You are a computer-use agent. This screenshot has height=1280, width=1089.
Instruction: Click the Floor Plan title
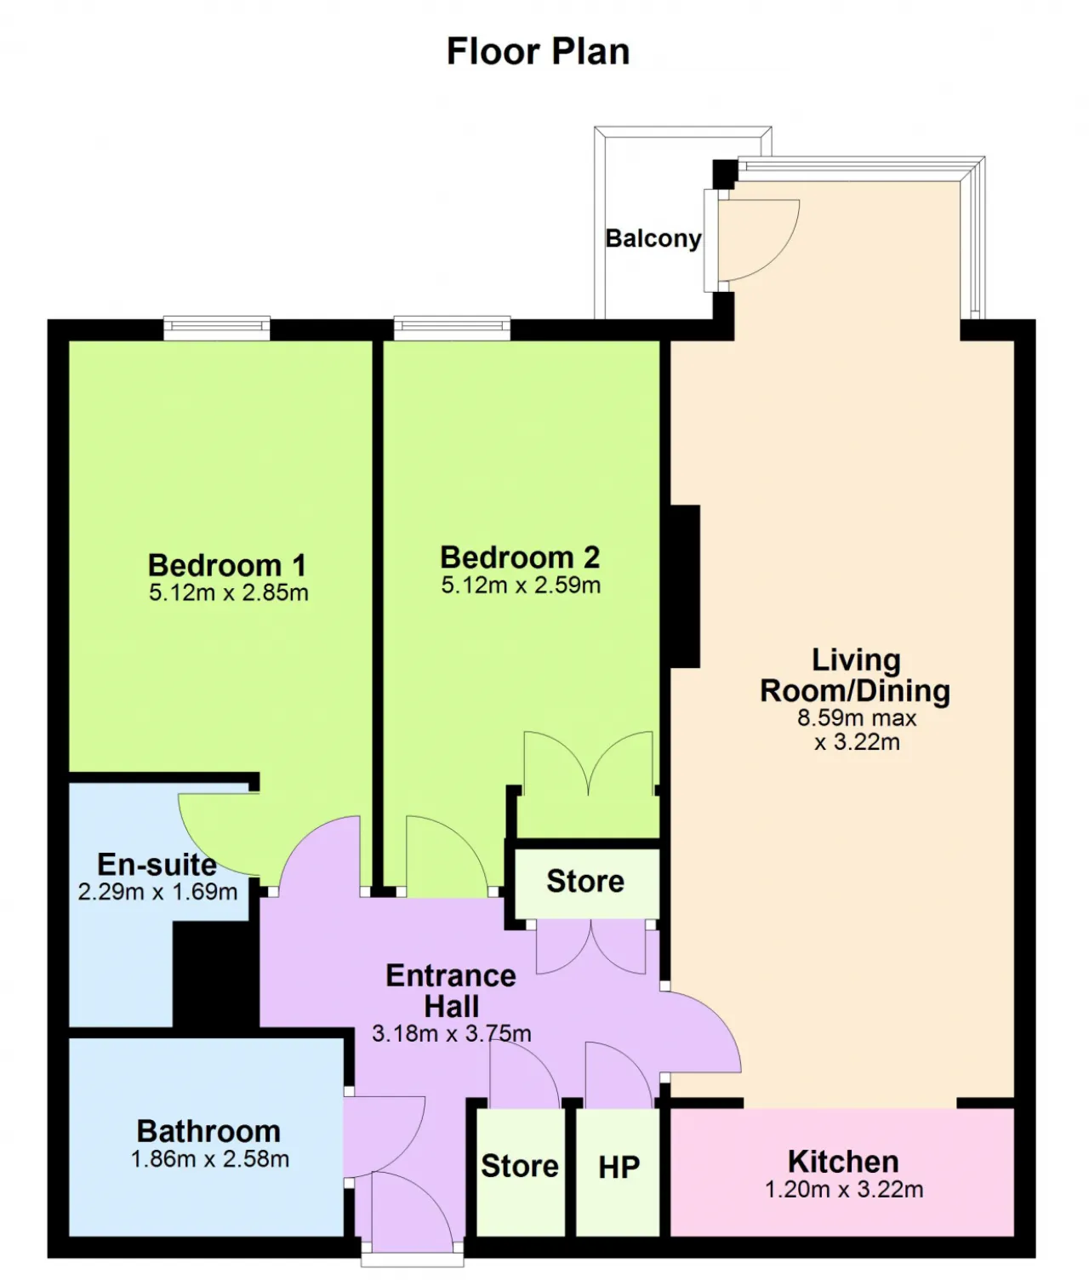pyautogui.click(x=538, y=51)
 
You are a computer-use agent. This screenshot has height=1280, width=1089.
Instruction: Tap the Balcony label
pyautogui.click(x=653, y=238)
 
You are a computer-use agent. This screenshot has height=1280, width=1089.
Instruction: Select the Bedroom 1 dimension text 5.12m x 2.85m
pyautogui.click(x=229, y=592)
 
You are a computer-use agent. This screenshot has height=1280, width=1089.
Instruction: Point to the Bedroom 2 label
pyautogui.click(x=520, y=557)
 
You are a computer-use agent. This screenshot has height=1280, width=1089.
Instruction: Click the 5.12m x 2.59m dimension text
pyautogui.click(x=521, y=586)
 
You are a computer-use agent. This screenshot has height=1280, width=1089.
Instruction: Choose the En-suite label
pyautogui.click(x=157, y=865)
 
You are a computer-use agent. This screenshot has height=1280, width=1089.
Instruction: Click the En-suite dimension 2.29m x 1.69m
pyautogui.click(x=158, y=892)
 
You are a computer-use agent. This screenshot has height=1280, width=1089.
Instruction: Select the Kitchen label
pyautogui.click(x=843, y=1162)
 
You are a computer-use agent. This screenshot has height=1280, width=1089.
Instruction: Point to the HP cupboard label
pyautogui.click(x=619, y=1168)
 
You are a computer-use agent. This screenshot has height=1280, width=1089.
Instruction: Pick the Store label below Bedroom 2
pyautogui.click(x=585, y=881)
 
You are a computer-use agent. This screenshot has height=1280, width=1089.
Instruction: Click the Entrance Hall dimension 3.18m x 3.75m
pyautogui.click(x=451, y=1033)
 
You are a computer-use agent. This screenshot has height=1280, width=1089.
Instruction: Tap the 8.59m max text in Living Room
pyautogui.click(x=857, y=718)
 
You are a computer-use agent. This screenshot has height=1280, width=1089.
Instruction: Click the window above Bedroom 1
pyautogui.click(x=217, y=329)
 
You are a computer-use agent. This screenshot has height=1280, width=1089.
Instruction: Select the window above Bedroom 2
pyautogui.click(x=452, y=329)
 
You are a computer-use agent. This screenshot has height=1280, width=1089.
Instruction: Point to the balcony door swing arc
pyautogui.click(x=781, y=254)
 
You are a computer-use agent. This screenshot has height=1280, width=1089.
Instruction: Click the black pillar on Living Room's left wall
pyautogui.click(x=686, y=586)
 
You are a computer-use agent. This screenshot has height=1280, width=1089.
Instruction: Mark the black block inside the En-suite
pyautogui.click(x=215, y=974)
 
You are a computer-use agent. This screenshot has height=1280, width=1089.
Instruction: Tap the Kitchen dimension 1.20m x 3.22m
pyautogui.click(x=845, y=1190)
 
